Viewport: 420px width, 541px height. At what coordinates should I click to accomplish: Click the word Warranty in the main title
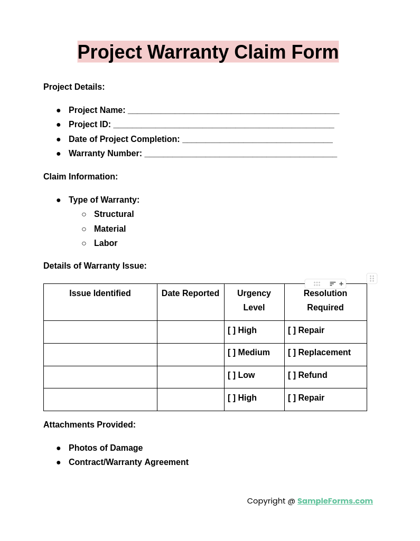pyautogui.click(x=188, y=52)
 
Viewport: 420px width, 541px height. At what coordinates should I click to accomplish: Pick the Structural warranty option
pyautogui.click(x=114, y=214)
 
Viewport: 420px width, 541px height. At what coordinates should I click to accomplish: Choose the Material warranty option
pyautogui.click(x=110, y=229)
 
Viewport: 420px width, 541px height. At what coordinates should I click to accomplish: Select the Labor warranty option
pyautogui.click(x=106, y=243)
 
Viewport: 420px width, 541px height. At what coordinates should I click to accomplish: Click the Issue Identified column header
pyautogui.click(x=100, y=293)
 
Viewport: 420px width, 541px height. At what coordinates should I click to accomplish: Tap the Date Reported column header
pyautogui.click(x=190, y=293)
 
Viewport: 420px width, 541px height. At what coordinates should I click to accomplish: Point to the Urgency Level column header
pyautogui.click(x=254, y=300)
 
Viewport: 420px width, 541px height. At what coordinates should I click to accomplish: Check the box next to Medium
pyautogui.click(x=232, y=353)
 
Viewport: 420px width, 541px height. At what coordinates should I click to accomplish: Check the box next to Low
pyautogui.click(x=232, y=375)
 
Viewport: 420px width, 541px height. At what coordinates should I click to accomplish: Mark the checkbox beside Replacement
pyautogui.click(x=292, y=353)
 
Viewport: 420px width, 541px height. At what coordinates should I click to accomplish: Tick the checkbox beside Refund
pyautogui.click(x=292, y=375)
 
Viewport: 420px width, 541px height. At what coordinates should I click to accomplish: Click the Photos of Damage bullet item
pyautogui.click(x=106, y=448)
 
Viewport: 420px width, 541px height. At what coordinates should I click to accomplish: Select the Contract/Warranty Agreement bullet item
pyautogui.click(x=128, y=462)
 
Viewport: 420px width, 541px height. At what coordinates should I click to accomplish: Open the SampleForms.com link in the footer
pyautogui.click(x=335, y=501)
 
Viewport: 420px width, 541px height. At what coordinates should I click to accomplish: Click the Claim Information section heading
pyautogui.click(x=80, y=177)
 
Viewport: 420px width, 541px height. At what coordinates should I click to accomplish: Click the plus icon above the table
pyautogui.click(x=341, y=284)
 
